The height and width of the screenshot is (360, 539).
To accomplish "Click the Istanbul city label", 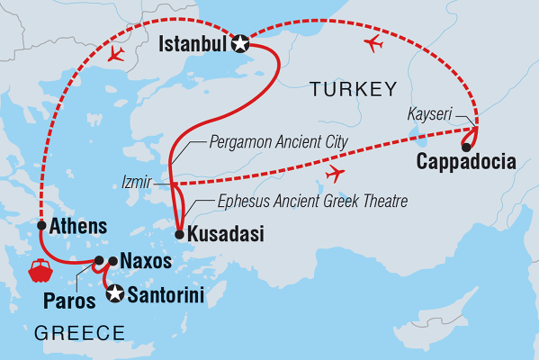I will click(x=193, y=42).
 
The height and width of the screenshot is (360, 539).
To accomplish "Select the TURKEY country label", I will click(x=352, y=89).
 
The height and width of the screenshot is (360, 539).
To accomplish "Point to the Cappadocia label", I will click(x=466, y=163).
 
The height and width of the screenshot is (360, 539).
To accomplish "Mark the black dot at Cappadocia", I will click(x=465, y=147).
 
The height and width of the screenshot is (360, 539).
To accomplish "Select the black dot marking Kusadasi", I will click(x=180, y=235).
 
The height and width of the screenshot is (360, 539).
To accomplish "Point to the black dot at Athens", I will click(x=41, y=225).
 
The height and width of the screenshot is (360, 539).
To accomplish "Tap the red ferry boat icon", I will click(x=42, y=268).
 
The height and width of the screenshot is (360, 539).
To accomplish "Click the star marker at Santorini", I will click(x=114, y=292).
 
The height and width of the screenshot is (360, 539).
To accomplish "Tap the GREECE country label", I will click(x=79, y=334).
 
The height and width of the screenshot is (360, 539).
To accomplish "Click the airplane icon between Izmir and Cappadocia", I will click(x=337, y=172).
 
